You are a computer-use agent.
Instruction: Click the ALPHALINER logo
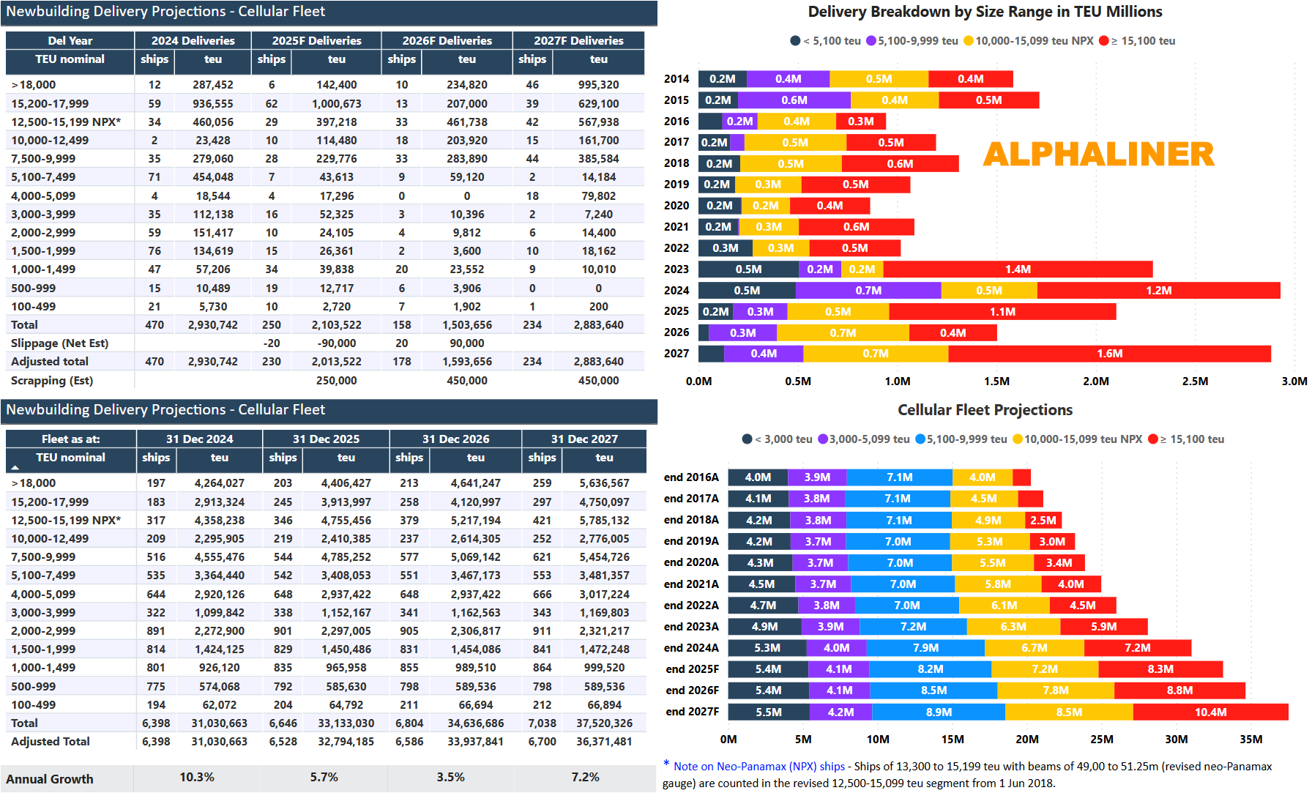(1098, 154)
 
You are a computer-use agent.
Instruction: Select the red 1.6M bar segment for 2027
(1109, 354)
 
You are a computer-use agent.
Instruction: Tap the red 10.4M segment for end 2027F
(1210, 712)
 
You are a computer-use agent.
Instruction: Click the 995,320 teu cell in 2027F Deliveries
(598, 85)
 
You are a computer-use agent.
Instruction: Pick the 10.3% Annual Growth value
(197, 777)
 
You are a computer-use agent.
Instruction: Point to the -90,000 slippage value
(336, 343)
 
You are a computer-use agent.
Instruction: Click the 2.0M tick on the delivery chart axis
(1095, 381)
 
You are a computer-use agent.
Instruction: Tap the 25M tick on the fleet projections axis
(1101, 740)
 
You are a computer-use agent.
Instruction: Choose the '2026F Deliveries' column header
(447, 41)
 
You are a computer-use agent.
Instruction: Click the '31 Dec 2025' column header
(326, 439)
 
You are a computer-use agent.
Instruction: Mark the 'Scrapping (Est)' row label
(52, 381)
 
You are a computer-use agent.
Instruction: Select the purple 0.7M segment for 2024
(868, 291)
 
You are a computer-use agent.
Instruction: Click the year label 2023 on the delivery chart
(676, 269)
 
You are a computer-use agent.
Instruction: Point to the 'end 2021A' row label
(691, 584)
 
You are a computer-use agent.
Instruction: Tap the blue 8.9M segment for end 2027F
(939, 712)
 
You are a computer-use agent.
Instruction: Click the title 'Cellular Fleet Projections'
(985, 410)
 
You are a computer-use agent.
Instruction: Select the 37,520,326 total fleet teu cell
(604, 723)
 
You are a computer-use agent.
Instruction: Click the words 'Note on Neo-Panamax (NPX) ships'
(759, 767)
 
